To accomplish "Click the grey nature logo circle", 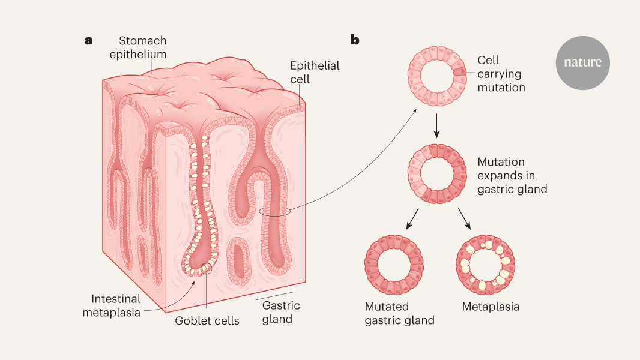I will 582,63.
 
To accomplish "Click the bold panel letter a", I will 89,41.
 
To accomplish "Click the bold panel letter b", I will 355,41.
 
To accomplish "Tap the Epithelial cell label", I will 315,72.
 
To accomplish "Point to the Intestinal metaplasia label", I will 116,305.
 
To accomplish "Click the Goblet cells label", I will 207,320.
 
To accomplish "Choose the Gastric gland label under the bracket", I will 281,312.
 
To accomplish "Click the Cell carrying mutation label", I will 501,74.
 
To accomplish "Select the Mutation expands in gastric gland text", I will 512,176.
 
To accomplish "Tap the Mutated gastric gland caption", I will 399,313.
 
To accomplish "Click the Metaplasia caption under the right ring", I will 491,307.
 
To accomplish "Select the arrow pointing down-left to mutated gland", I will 412,220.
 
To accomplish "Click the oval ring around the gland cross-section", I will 275,212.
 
